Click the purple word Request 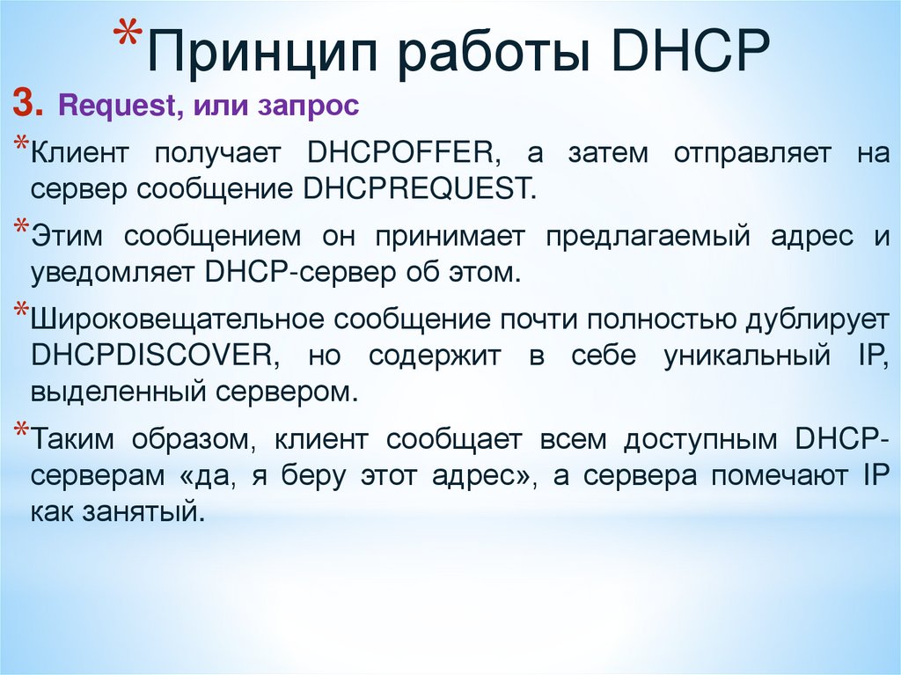coord(117,106)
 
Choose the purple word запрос coord(309,106)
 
